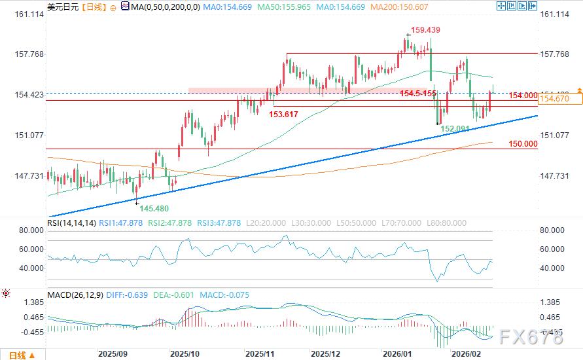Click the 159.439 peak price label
426,30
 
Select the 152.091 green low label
455,129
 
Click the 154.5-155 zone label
418,94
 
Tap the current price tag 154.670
554,99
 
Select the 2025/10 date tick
184,353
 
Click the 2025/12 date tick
326,353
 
